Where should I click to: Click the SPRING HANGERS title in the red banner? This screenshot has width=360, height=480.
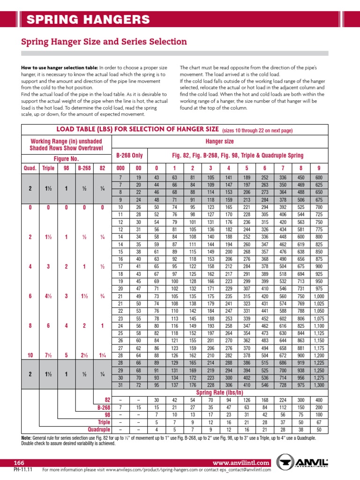88,20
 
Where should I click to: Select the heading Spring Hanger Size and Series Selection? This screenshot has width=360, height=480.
104,42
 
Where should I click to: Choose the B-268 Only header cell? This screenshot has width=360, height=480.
129,155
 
